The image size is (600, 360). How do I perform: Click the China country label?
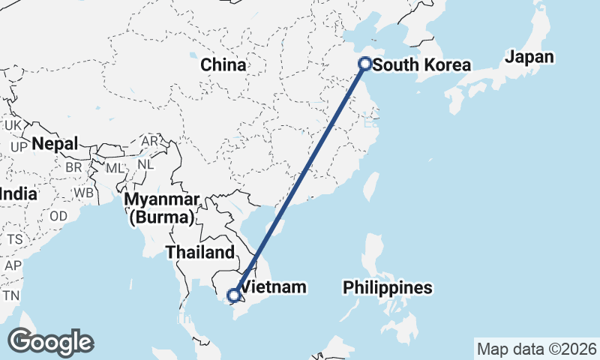tap(223, 64)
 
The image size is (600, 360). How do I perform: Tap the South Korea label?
tap(421, 65)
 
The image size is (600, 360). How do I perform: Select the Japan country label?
tap(529, 57)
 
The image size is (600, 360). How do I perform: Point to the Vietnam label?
tap(275, 287)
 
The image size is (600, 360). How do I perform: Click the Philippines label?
tap(388, 287)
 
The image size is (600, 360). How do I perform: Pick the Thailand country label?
tap(200, 252)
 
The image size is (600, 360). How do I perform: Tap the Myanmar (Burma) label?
tap(163, 208)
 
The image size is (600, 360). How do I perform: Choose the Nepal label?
tap(55, 143)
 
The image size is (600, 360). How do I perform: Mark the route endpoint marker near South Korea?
tap(365, 64)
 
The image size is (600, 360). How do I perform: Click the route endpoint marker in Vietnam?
tap(234, 295)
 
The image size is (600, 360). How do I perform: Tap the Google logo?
tap(51, 342)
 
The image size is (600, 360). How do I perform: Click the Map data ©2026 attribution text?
tap(536, 349)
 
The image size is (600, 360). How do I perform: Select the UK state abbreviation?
tap(13, 125)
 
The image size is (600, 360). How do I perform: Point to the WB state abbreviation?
tap(83, 193)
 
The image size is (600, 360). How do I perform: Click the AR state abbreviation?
tap(150, 141)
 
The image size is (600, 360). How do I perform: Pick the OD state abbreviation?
tap(58, 217)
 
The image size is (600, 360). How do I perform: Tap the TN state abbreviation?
tap(10, 295)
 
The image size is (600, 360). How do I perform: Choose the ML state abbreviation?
tap(115, 167)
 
